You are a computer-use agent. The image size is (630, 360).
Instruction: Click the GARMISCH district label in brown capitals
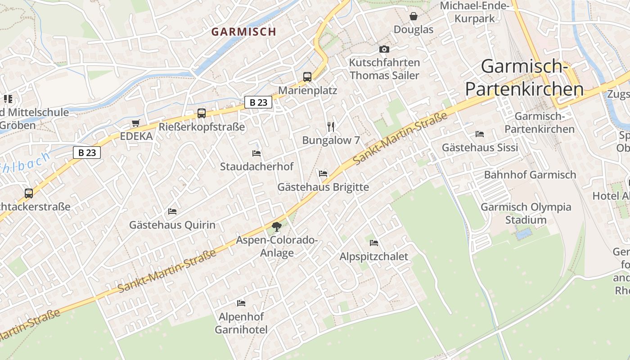(x=243, y=31)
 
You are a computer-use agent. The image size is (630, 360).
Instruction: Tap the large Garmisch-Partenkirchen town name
(x=524, y=78)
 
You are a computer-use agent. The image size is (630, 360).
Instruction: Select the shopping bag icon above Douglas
(x=413, y=17)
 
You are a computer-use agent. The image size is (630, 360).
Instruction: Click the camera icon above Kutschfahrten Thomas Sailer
(x=384, y=49)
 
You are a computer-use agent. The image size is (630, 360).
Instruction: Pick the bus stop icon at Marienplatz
(x=307, y=77)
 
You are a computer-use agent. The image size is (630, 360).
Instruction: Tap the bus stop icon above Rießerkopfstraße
(x=202, y=113)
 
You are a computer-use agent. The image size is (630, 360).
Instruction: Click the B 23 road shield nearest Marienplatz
(x=258, y=102)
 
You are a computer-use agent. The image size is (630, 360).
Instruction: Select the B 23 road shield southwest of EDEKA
(x=87, y=153)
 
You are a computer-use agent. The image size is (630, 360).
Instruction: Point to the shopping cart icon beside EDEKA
(x=136, y=123)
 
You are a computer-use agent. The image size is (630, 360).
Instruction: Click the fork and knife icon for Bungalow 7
(x=331, y=127)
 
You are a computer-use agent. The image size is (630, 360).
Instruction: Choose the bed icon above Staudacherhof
(x=256, y=153)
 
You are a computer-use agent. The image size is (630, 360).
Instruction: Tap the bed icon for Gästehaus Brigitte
(x=323, y=174)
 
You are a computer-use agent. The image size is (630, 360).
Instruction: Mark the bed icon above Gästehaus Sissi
(x=480, y=134)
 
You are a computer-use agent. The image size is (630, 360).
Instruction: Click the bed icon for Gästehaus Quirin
(x=172, y=211)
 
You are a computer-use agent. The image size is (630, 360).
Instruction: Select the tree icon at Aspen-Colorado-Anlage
(x=277, y=227)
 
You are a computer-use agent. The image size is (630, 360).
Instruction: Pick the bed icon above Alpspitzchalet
(x=374, y=243)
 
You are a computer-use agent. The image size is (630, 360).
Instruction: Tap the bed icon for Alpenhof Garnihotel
(x=241, y=303)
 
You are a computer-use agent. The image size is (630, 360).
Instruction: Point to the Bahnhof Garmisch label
(x=530, y=175)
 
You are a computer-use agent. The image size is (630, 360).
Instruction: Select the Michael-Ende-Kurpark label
(x=474, y=12)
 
